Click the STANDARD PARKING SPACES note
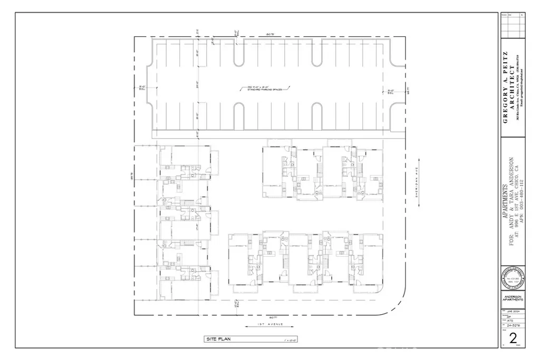pos(269,89)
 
